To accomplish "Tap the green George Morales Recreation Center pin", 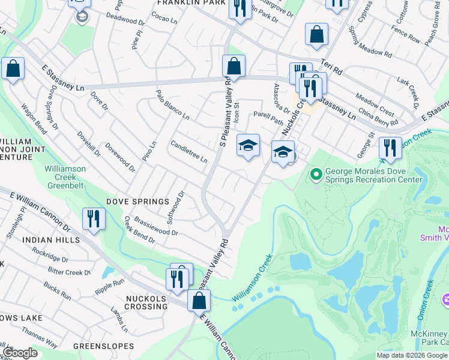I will (316, 175).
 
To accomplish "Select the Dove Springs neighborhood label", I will (137, 201).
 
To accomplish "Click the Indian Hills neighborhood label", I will (51, 240).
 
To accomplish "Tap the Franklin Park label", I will (182, 3).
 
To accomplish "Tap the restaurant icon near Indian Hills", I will (94, 218).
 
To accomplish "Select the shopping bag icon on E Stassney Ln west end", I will (13, 69).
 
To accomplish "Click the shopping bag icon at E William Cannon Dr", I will (199, 300).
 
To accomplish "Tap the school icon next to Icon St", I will (248, 145).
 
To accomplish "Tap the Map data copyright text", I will (412, 355).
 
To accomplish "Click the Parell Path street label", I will (267, 116).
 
